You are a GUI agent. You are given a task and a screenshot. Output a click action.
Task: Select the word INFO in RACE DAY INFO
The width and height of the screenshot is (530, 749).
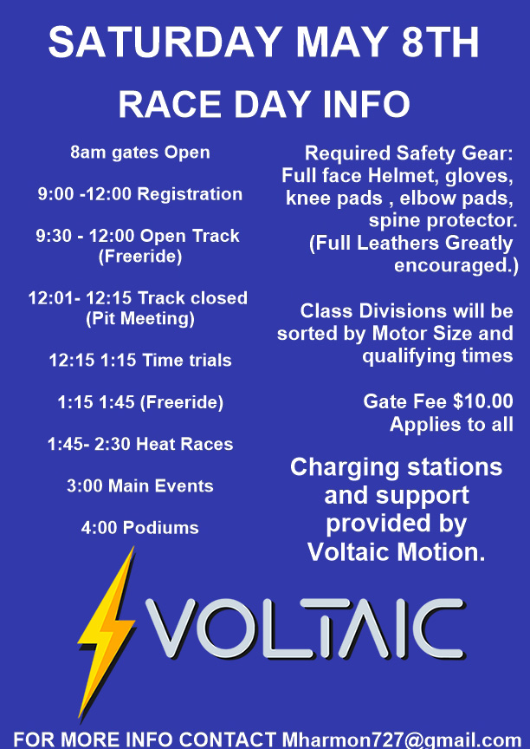pos(366,104)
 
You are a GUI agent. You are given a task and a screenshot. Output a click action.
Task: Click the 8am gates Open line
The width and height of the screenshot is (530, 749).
pos(140,153)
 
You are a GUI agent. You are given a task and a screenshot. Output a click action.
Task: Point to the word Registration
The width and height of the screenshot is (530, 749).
pos(190,194)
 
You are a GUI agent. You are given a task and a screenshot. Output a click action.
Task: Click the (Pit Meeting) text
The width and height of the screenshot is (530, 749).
pos(140,319)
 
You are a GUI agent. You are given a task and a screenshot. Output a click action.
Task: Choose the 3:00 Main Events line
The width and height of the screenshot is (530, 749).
pos(140,485)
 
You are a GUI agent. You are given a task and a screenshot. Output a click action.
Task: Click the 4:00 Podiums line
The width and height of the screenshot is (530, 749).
pos(140,528)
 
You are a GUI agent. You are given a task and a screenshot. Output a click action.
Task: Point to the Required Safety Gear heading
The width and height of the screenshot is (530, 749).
pos(409,153)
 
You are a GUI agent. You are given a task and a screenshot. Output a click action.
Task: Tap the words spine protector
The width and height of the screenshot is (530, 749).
pos(443,221)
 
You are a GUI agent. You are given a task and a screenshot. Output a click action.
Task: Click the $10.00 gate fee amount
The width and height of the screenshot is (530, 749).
pos(482,401)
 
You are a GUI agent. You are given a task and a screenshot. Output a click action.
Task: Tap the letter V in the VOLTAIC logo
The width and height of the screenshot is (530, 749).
pos(171,629)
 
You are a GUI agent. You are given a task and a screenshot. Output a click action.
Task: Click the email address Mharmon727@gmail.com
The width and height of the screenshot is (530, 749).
pos(402,740)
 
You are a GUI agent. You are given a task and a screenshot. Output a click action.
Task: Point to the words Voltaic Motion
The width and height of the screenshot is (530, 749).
pos(397,552)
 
